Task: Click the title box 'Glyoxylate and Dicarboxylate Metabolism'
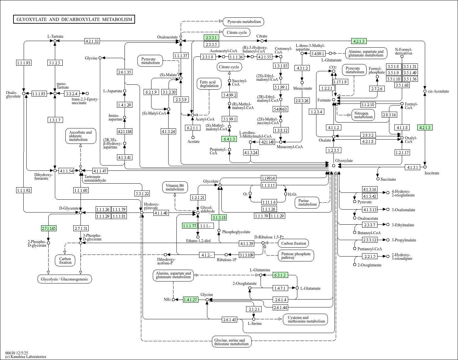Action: tap(74, 19)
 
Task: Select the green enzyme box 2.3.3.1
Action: tap(211, 37)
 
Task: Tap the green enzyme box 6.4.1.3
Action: tap(229, 139)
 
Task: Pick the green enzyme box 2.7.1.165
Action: tap(49, 228)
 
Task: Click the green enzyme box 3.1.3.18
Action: tap(219, 217)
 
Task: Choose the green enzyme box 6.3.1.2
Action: tap(280, 275)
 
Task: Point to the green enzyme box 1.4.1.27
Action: tap(191, 300)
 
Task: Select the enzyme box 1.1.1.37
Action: tap(181, 56)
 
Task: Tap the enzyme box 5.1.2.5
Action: tap(55, 62)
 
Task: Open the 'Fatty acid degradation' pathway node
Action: tap(209, 84)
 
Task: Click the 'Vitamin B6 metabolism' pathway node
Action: tap(175, 187)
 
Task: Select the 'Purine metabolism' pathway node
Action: tap(307, 202)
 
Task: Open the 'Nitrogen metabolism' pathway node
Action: tap(363, 115)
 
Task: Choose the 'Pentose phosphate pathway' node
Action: tap(296, 256)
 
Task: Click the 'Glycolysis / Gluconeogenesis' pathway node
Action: tap(64, 279)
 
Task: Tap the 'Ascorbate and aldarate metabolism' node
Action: tap(80, 136)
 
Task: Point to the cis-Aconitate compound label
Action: tap(438, 91)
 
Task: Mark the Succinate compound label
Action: tap(388, 179)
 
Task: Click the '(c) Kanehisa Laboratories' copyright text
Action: tap(26, 357)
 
